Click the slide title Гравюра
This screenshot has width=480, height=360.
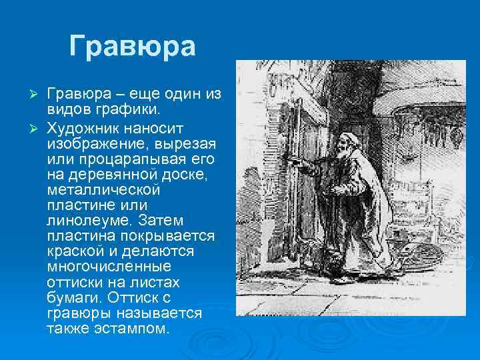tap(132, 47)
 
